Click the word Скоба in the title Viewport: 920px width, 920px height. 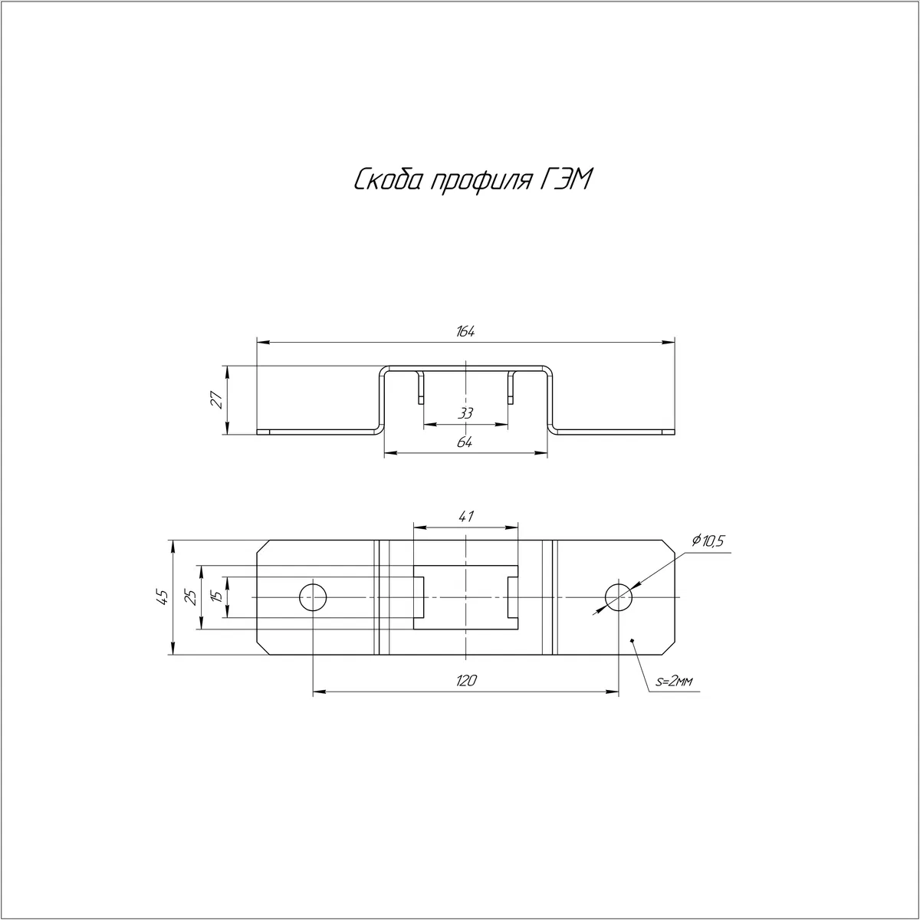[388, 180]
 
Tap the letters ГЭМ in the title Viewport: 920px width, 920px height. [567, 179]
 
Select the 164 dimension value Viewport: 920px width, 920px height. [465, 332]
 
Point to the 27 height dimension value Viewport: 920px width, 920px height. [217, 399]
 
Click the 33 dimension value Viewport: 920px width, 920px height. [465, 413]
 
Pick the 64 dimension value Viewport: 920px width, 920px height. [465, 442]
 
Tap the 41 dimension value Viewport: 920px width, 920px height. [465, 517]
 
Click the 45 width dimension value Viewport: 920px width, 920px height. [163, 596]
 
